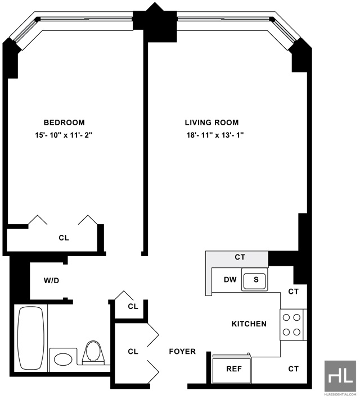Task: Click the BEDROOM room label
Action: pyautogui.click(x=64, y=122)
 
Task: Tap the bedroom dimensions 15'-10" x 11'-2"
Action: pyautogui.click(x=64, y=135)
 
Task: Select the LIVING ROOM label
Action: pyautogui.click(x=212, y=122)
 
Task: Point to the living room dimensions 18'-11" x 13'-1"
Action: pyautogui.click(x=215, y=135)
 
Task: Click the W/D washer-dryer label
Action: pyautogui.click(x=51, y=280)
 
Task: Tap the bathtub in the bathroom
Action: pyautogui.click(x=30, y=338)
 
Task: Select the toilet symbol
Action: pyautogui.click(x=93, y=352)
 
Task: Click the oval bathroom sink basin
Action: pyautogui.click(x=63, y=360)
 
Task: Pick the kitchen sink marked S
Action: pyautogui.click(x=254, y=280)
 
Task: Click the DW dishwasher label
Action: pyautogui.click(x=230, y=280)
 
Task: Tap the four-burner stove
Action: pyautogui.click(x=291, y=325)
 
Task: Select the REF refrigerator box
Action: pyautogui.click(x=232, y=370)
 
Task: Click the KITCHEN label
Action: pyautogui.click(x=249, y=324)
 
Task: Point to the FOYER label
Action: pyautogui.click(x=182, y=352)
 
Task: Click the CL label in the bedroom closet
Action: pyautogui.click(x=64, y=238)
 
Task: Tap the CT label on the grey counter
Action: pyautogui.click(x=240, y=257)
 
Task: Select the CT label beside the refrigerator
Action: pyautogui.click(x=293, y=369)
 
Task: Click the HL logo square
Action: pyautogui.click(x=340, y=376)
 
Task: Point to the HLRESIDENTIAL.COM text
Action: pyautogui.click(x=340, y=394)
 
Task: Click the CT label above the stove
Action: pyautogui.click(x=293, y=292)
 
